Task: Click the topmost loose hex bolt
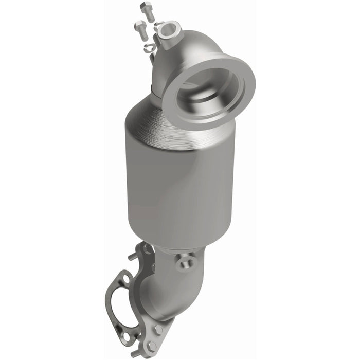[x=148, y=11]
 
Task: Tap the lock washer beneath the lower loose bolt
[x=149, y=48]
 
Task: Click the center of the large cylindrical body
[x=175, y=190]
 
